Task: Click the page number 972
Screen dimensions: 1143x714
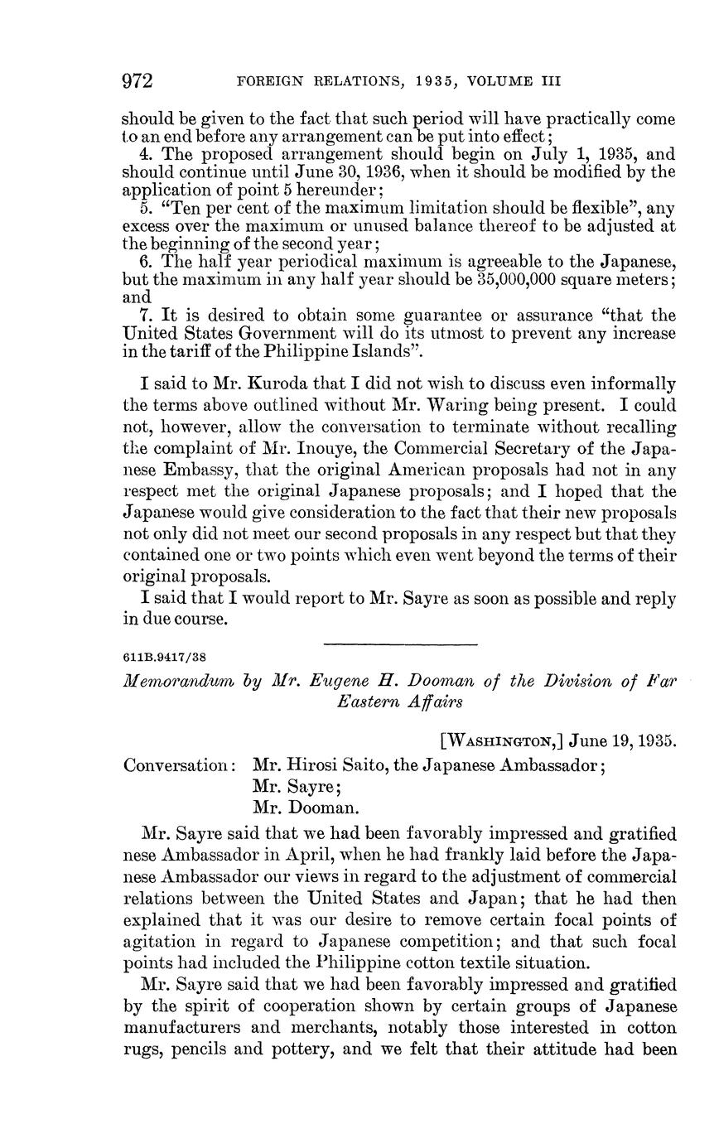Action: point(138,81)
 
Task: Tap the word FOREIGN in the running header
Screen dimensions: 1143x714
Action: point(266,81)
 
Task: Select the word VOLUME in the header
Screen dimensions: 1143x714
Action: point(500,81)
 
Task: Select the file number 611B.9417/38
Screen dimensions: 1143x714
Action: point(164,658)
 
